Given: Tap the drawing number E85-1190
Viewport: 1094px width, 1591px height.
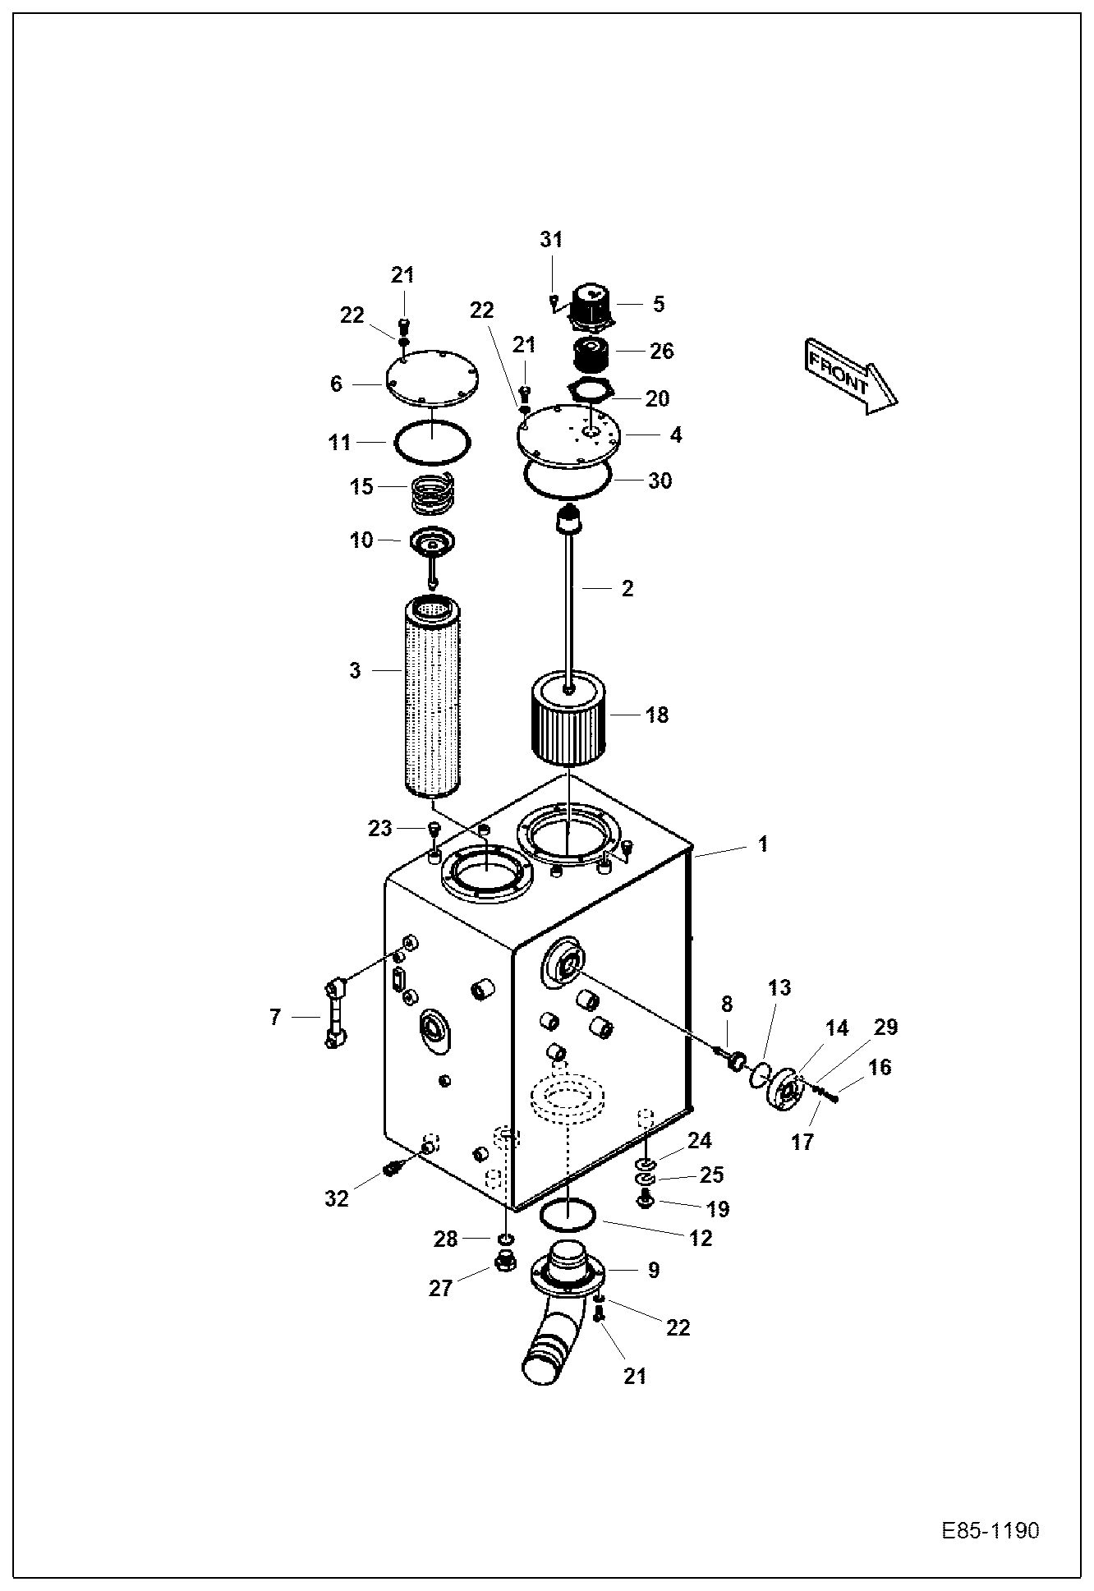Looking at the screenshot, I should pos(990,1531).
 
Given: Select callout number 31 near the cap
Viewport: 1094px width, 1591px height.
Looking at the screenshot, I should pos(551,240).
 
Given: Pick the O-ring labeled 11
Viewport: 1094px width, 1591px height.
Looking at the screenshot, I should pos(432,443).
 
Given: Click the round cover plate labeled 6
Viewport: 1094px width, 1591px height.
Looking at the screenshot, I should pos(432,379).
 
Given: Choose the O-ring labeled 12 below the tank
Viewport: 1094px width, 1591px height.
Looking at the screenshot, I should pos(568,1213).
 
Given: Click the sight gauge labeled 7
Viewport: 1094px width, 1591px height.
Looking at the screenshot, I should pos(334,1014).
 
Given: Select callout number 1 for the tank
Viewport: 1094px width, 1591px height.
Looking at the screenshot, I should pos(763,844).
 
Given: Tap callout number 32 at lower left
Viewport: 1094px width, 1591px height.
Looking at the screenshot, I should pos(336,1198).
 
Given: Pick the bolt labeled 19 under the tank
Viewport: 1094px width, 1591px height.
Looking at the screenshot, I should pos(646,1202).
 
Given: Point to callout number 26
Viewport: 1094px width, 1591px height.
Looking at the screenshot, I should pos(662,351).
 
